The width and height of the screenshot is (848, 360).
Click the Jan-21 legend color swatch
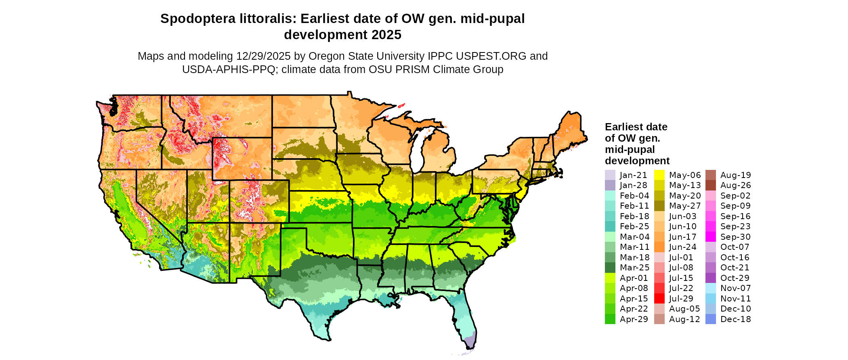pos(610,175)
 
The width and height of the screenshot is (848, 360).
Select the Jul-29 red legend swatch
pos(659,299)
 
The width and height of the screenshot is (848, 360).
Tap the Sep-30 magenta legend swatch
pos(710,237)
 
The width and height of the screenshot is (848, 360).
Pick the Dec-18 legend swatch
pos(710,319)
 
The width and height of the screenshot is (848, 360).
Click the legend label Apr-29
pos(634,319)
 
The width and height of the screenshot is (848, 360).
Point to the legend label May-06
pos(685,175)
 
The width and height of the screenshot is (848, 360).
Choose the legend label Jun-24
pos(683,247)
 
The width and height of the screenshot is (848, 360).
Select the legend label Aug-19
pos(735,175)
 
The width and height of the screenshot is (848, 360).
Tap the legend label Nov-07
pos(735,288)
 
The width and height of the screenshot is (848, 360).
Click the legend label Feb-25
pos(634,226)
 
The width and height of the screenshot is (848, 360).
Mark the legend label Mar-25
pos(634,268)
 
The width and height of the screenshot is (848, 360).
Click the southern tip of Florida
pos(470,344)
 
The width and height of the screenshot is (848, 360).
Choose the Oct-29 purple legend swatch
pos(710,278)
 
